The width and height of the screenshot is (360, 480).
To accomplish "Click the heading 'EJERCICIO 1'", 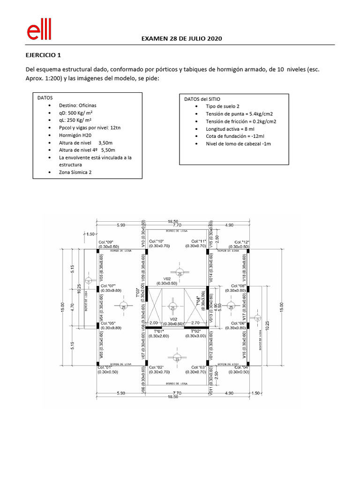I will (x=43, y=55).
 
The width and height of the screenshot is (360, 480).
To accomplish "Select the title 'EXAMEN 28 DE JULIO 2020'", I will (x=182, y=38).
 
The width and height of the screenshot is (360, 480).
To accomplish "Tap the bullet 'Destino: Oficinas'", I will (x=77, y=105).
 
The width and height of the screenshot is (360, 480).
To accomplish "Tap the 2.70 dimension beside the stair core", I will (x=195, y=323).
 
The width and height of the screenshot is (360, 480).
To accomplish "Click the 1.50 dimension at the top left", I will (x=90, y=233).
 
